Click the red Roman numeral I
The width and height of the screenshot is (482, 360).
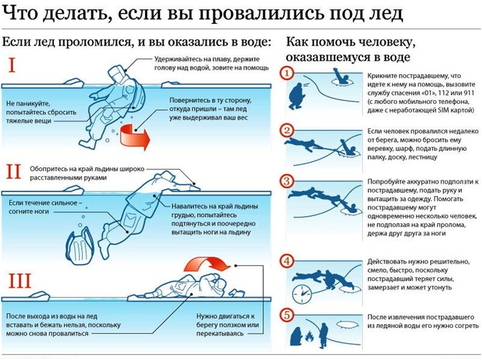pyautogui.click(x=10, y=65)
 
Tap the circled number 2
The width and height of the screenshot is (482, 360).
pyautogui.click(x=287, y=132)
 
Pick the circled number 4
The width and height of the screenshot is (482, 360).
pyautogui.click(x=287, y=261)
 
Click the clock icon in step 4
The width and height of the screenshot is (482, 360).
pyautogui.click(x=302, y=294)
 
